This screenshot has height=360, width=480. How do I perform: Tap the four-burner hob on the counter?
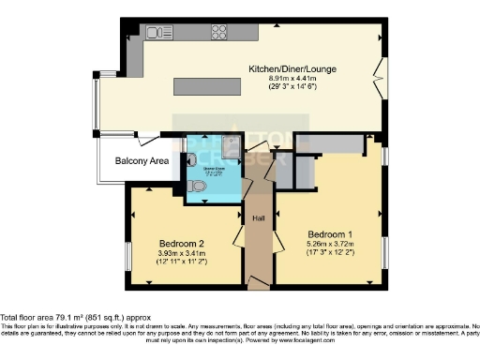[x=220, y=33]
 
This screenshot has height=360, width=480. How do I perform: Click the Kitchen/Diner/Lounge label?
[x=292, y=69]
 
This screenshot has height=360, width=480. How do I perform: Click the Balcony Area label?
[x=142, y=162]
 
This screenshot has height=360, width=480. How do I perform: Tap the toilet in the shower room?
[x=195, y=186]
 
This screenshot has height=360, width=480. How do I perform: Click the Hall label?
[x=259, y=218]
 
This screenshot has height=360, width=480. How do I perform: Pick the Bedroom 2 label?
[x=181, y=243]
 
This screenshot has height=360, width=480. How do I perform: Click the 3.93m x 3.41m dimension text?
[x=181, y=252]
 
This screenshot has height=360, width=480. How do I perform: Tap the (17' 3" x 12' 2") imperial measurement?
[x=328, y=254]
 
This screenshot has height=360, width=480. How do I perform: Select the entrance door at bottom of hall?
[x=259, y=280]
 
